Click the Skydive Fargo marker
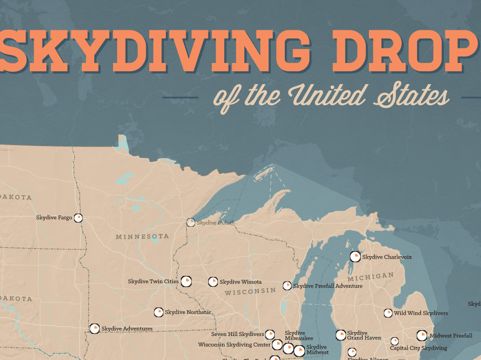pyautogui.click(x=78, y=218)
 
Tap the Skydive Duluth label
pyautogui.click(x=215, y=223)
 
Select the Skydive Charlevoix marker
pyautogui.click(x=355, y=257)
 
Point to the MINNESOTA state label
pyautogui.click(x=142, y=236)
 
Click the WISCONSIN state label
pyautogui.click(x=250, y=291)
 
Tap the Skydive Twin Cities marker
pyautogui.click(x=186, y=281)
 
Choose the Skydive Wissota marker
pyautogui.click(x=213, y=282)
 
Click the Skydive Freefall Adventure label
pyautogui.click(x=328, y=286)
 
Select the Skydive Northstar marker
pyautogui.click(x=158, y=312)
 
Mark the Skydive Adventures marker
pyautogui.click(x=94, y=328)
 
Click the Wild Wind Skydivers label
pyautogui.click(x=421, y=313)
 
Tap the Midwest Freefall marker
pyautogui.click(x=422, y=335)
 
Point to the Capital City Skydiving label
pyautogui.click(x=418, y=348)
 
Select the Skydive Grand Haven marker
pyautogui.click(x=341, y=335)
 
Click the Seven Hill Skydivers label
pyautogui.click(x=238, y=334)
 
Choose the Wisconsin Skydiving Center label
pyautogui.click(x=234, y=345)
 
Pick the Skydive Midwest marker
pyautogui.click(x=299, y=350)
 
